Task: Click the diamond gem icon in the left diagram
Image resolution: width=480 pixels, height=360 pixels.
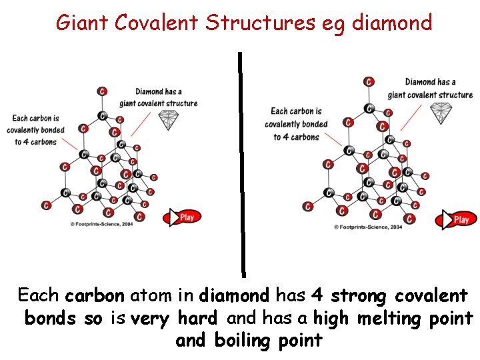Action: point(169,121)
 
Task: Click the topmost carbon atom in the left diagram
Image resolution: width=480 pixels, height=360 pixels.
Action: point(102,91)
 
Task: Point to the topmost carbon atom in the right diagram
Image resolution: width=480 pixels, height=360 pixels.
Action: point(369,81)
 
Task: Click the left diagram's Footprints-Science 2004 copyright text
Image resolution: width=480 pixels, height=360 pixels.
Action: point(101,225)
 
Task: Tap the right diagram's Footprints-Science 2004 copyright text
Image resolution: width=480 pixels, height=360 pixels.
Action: point(368,227)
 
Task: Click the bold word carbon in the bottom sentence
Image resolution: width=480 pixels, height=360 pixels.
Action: point(95,295)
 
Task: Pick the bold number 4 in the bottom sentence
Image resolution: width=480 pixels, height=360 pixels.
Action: point(317,295)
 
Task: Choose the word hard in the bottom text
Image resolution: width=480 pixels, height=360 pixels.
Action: point(197,319)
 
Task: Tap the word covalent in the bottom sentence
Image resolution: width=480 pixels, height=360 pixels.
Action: point(431,295)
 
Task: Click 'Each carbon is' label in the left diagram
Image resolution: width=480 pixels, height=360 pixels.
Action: point(35,119)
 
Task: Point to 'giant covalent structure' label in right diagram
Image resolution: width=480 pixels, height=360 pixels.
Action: point(430,95)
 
